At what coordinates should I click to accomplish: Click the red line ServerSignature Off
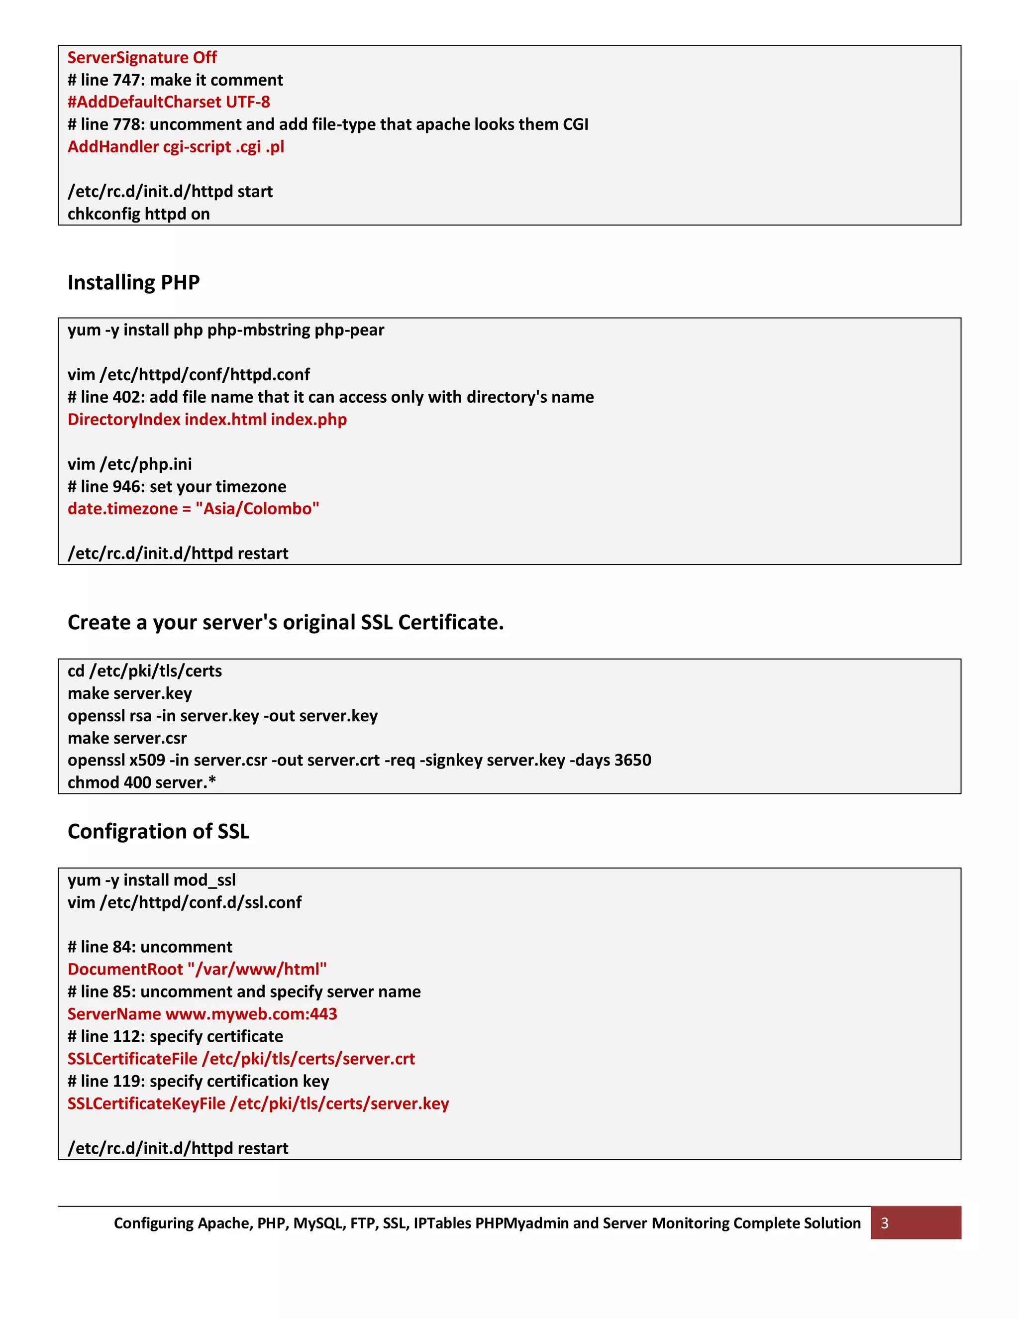click(x=142, y=57)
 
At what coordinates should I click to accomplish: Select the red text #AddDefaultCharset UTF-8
click(x=169, y=102)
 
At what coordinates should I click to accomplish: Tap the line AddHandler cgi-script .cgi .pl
click(x=176, y=147)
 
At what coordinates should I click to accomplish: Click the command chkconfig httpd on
click(x=138, y=214)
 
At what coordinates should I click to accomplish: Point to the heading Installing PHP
click(x=133, y=282)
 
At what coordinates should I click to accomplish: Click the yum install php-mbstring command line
click(x=226, y=330)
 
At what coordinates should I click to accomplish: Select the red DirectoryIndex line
click(x=207, y=419)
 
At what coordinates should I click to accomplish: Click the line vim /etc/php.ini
click(x=129, y=464)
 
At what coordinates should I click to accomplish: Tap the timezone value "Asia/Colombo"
click(x=257, y=509)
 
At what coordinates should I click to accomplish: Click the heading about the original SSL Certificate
click(x=286, y=622)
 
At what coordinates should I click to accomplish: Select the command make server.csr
click(x=127, y=738)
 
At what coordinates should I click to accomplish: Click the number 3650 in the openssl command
click(x=632, y=760)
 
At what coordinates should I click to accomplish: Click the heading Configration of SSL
click(x=158, y=831)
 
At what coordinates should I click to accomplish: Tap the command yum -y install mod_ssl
click(x=152, y=880)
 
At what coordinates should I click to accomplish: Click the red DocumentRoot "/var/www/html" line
click(x=197, y=969)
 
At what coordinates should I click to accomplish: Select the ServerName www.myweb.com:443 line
click(x=202, y=1014)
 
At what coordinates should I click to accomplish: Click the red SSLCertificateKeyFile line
click(x=258, y=1103)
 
